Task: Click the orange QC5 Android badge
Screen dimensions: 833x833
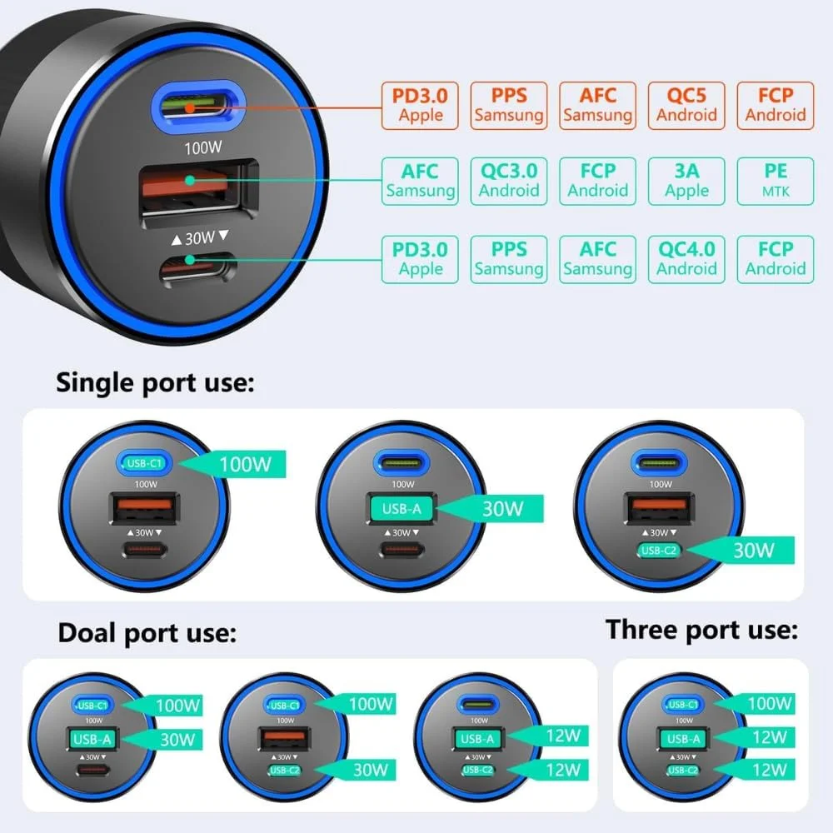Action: coord(686,105)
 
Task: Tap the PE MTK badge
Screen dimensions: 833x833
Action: coord(775,182)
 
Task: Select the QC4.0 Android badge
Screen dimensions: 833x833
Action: coord(686,258)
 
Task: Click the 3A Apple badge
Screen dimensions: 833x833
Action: coord(686,182)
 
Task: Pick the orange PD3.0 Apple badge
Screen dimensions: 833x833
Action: coord(420,105)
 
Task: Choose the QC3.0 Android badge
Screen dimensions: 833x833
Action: coord(508,182)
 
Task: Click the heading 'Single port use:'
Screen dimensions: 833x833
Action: coord(154,383)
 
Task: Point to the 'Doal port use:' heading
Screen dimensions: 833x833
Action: coord(147,633)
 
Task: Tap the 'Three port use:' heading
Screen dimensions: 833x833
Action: coord(702,630)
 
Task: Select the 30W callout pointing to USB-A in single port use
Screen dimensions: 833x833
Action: coord(503,507)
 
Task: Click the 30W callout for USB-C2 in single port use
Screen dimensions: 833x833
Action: coord(753,550)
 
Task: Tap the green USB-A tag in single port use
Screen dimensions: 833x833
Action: coord(401,507)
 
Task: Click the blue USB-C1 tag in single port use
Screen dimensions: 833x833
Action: coord(146,464)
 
